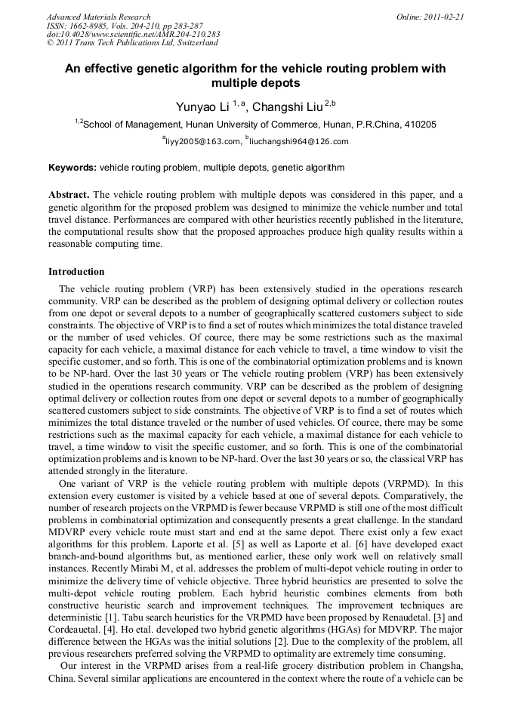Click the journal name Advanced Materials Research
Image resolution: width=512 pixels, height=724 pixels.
click(99, 17)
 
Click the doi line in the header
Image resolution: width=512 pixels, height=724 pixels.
click(134, 34)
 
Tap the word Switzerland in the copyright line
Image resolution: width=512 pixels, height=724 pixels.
click(193, 43)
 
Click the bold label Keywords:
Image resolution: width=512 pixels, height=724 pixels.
click(72, 168)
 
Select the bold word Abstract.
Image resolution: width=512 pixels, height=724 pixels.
click(69, 195)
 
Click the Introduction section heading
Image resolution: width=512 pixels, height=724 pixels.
click(76, 272)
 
